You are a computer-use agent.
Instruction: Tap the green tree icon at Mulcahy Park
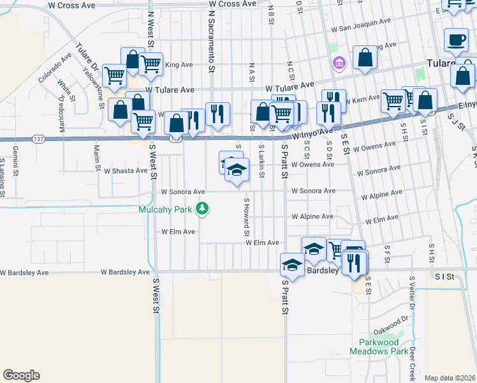tap(202, 209)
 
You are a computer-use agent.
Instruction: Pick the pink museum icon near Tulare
tap(337, 63)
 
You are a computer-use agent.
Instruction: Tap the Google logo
tap(21, 375)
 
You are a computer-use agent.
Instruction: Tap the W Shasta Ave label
tap(126, 170)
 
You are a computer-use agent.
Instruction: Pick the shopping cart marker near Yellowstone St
tap(114, 75)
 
